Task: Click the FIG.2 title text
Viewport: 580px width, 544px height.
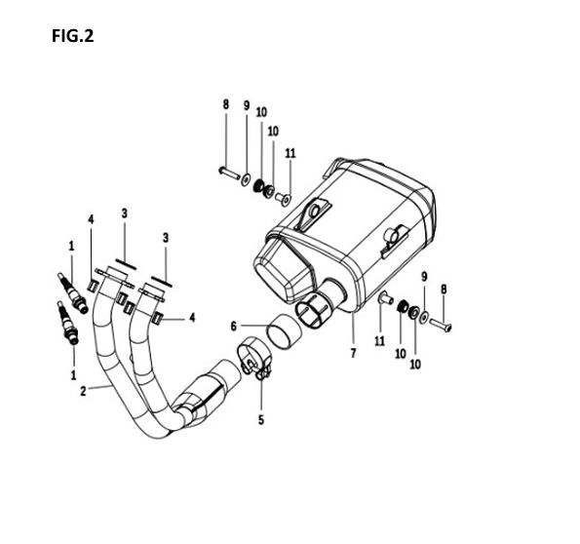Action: point(72,36)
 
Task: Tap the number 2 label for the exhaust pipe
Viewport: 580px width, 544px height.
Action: point(83,391)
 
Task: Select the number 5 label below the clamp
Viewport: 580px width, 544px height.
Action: point(261,419)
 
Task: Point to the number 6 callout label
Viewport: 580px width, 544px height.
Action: point(233,327)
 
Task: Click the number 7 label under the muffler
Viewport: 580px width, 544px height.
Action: point(353,353)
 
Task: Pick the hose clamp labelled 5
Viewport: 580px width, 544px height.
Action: point(254,358)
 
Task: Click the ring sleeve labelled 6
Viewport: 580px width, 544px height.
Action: point(284,331)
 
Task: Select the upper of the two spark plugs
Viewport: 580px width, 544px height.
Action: point(73,293)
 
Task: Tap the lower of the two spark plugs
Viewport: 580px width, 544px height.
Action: point(67,323)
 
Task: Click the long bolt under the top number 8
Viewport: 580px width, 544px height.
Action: point(229,173)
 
